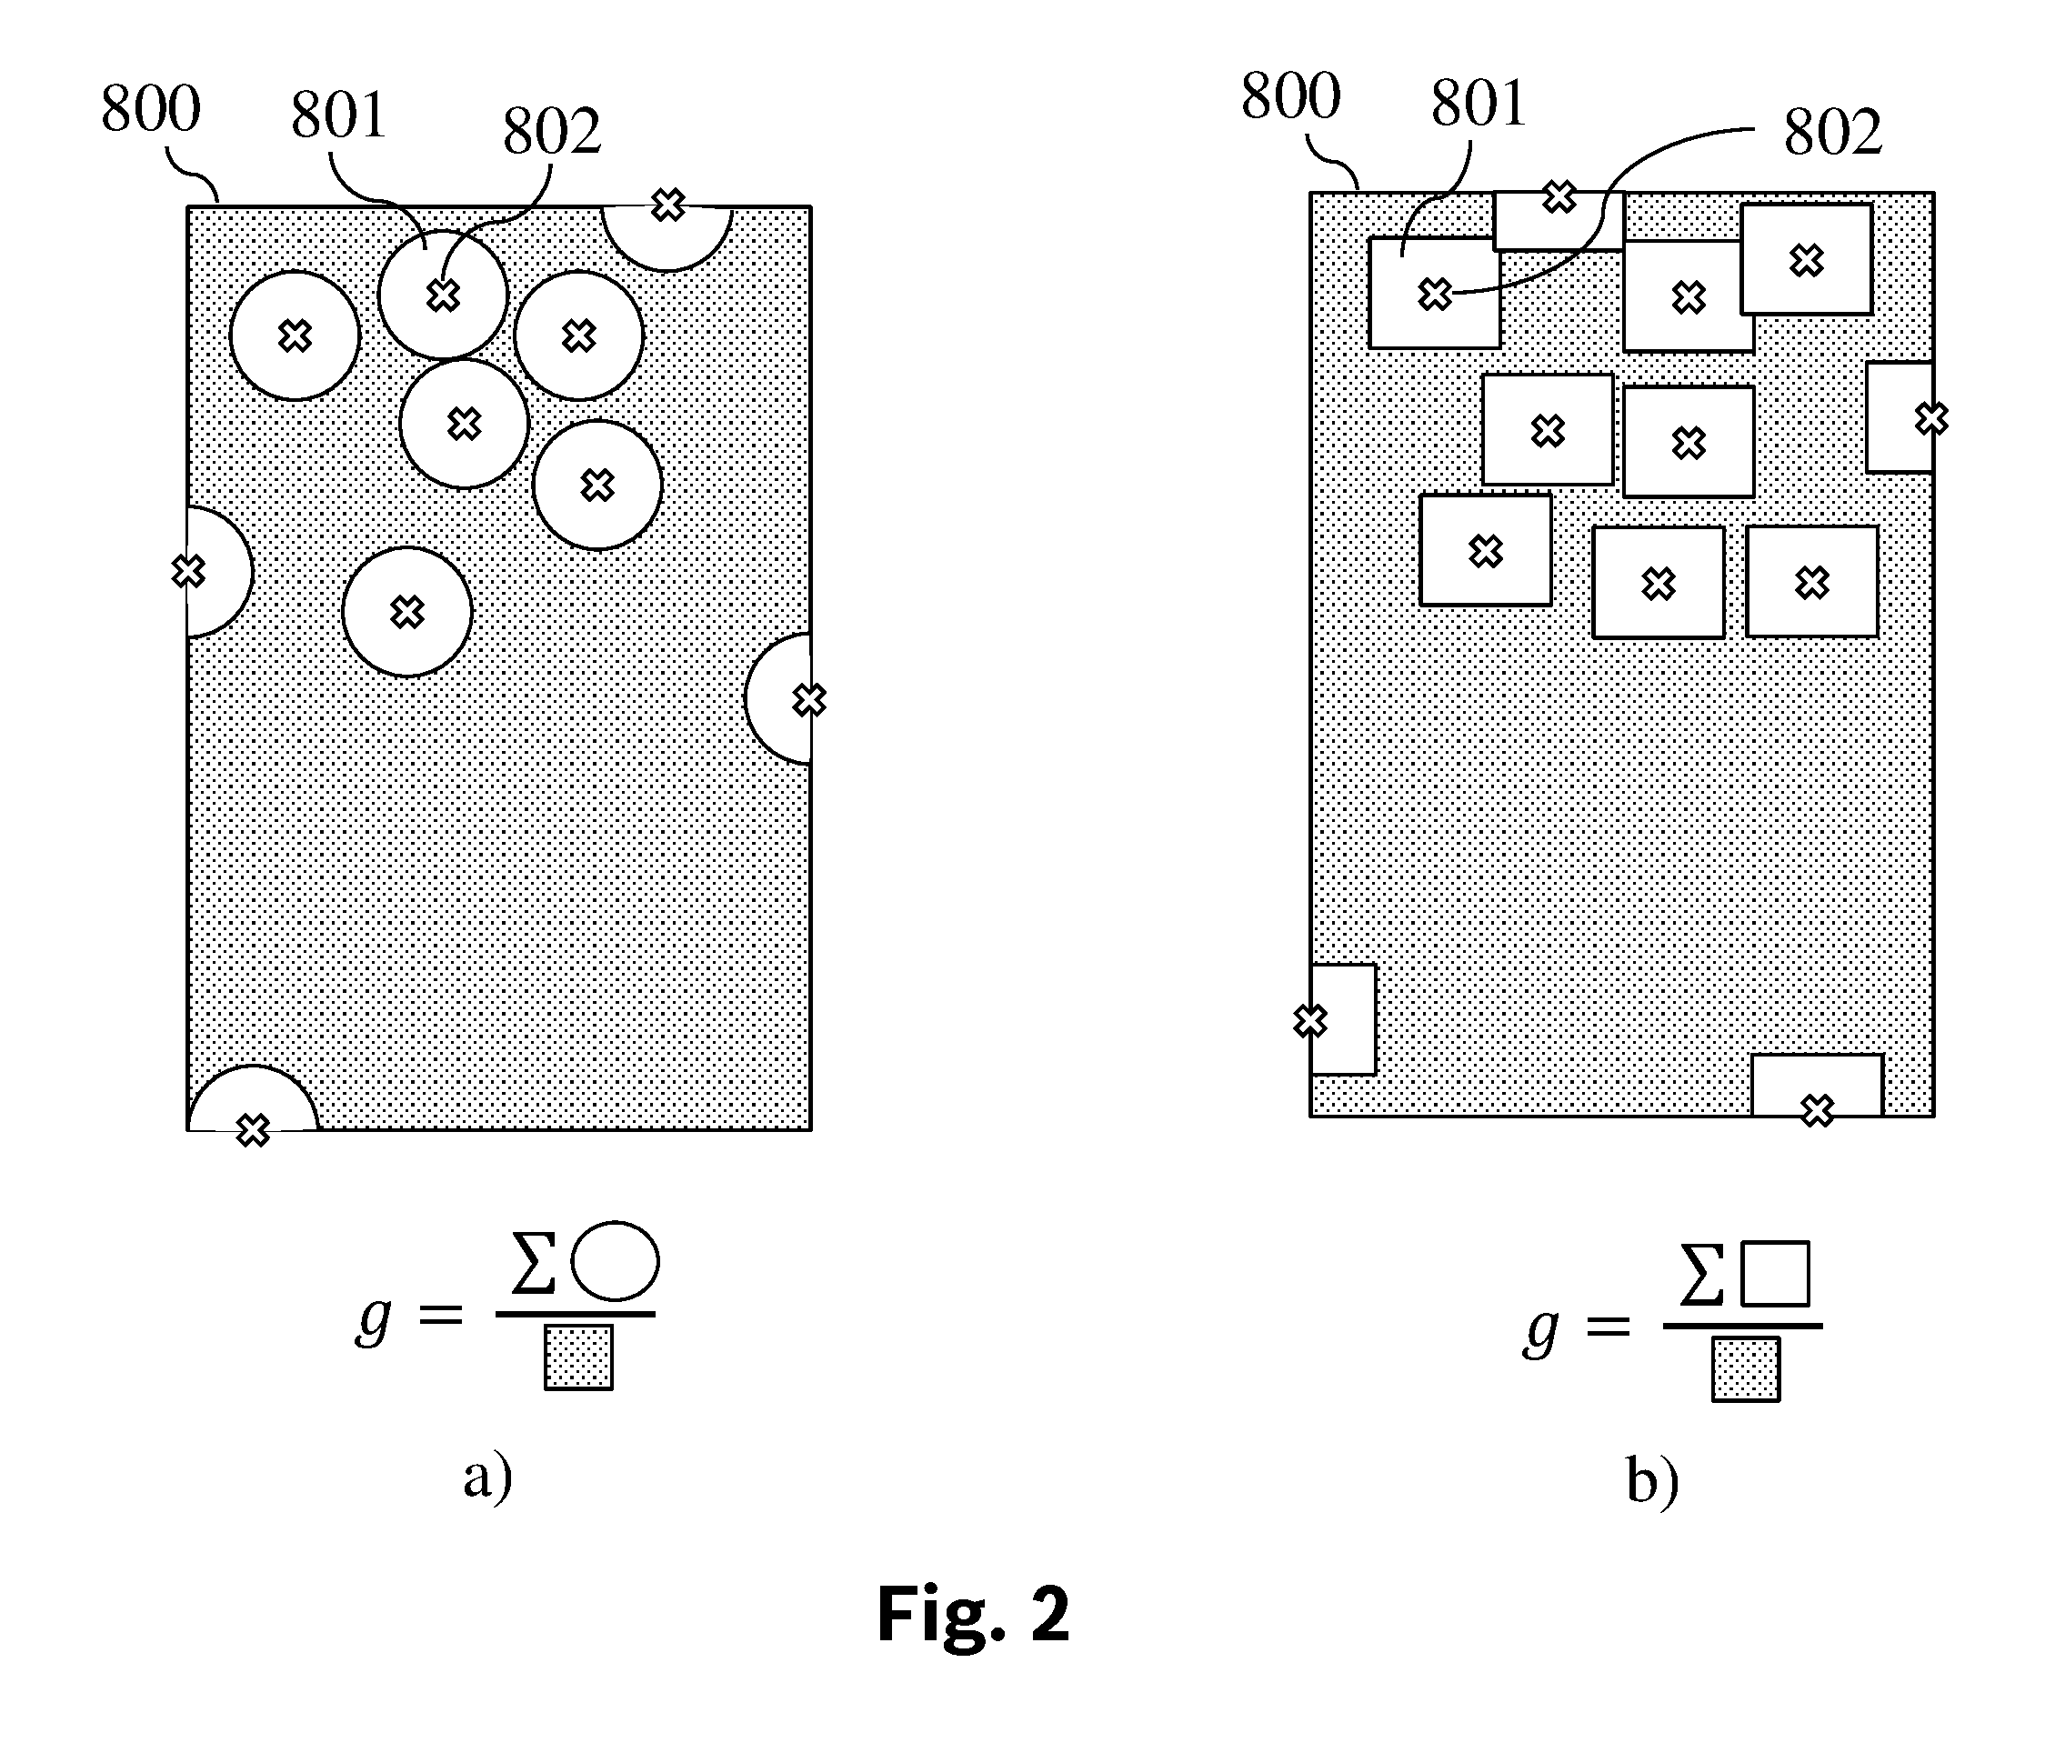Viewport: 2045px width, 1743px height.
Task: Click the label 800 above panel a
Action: pos(151,108)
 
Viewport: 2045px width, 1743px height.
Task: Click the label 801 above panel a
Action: pos(337,115)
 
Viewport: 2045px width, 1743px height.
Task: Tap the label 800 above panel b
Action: pos(1290,96)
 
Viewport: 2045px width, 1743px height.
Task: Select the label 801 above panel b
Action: pos(1479,103)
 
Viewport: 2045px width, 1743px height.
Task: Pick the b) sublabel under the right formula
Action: pos(1652,1481)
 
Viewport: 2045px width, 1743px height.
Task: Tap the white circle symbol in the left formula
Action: pos(615,1261)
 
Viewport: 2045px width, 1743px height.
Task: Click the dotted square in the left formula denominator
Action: pos(578,1357)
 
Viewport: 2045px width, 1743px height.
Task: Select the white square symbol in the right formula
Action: pos(1776,1274)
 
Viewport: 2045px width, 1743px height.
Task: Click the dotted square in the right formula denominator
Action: pos(1746,1369)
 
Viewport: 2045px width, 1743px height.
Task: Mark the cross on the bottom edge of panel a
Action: pos(254,1130)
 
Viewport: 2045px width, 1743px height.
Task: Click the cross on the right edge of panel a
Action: pos(809,700)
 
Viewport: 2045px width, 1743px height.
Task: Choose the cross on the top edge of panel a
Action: pos(669,205)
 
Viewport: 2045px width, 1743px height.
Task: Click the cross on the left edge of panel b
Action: pos(1309,1021)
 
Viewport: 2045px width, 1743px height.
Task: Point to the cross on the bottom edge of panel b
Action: pos(1817,1111)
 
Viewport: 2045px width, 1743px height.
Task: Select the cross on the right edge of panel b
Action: pos(1931,419)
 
